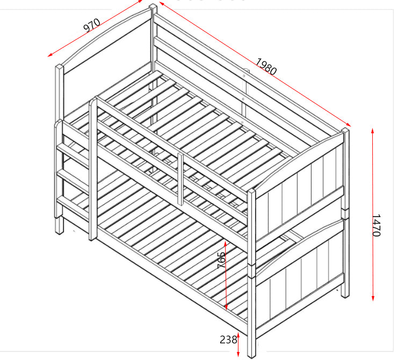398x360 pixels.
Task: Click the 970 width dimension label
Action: click(92, 25)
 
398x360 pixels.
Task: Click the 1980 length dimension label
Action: click(266, 67)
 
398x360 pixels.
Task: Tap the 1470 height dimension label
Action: click(377, 226)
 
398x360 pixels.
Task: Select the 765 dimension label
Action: click(221, 260)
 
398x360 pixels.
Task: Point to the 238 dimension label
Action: click(228, 340)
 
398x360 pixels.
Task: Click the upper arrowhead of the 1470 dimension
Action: click(372, 131)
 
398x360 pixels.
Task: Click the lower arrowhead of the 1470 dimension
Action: click(373, 298)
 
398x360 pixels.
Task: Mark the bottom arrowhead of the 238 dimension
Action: click(238, 354)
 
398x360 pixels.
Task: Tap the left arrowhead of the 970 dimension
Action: click(50, 55)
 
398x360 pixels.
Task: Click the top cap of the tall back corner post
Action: click(153, 6)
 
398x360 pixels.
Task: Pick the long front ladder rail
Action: click(93, 169)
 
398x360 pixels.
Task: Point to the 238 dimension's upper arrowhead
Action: click(238, 334)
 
